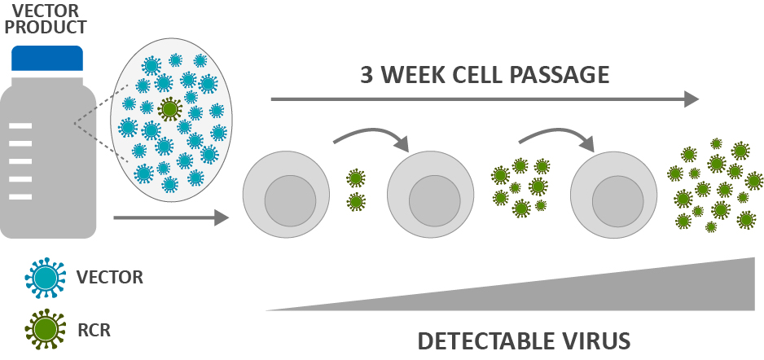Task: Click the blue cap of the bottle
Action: click(x=47, y=58)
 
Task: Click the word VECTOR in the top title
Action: click(x=47, y=10)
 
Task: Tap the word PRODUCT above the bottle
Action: click(x=47, y=27)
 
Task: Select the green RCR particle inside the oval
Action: click(x=170, y=108)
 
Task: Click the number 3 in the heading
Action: click(x=367, y=75)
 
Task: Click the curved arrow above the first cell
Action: click(x=371, y=136)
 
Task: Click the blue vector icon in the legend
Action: click(x=46, y=278)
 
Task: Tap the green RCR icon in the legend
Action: click(x=46, y=330)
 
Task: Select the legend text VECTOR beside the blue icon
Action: click(x=110, y=277)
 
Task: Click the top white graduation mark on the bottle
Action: click(x=21, y=125)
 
